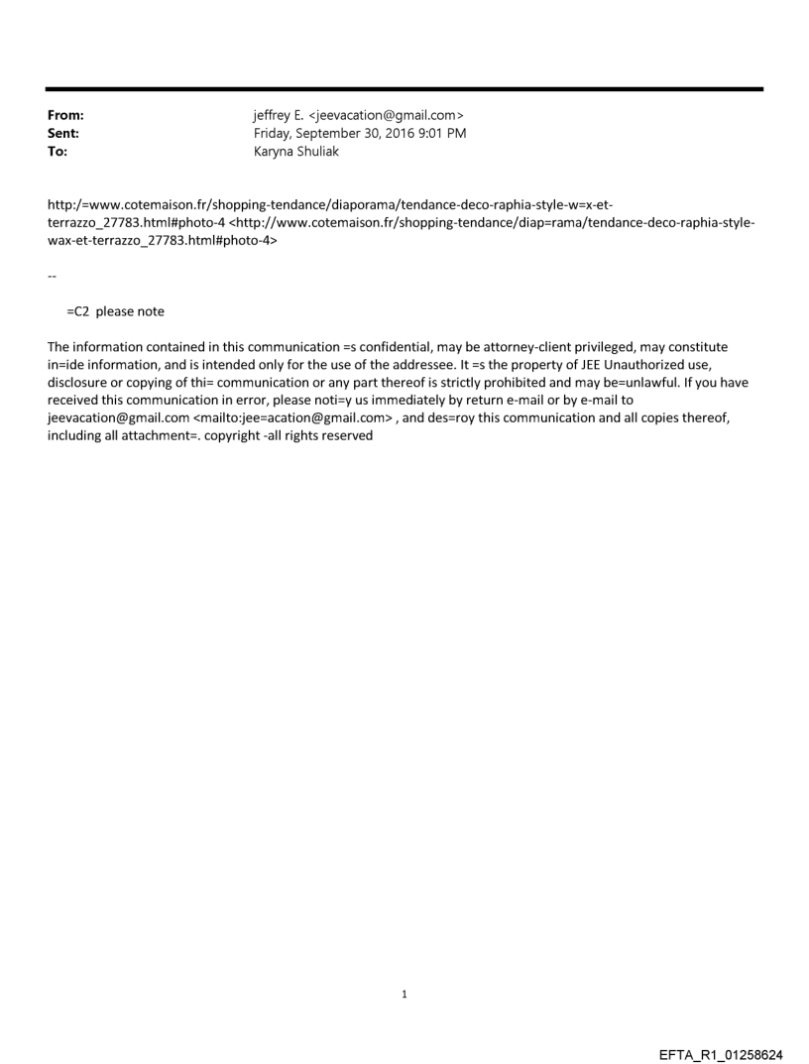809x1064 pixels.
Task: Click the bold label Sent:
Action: coord(63,133)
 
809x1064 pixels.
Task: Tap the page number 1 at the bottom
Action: coord(404,994)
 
